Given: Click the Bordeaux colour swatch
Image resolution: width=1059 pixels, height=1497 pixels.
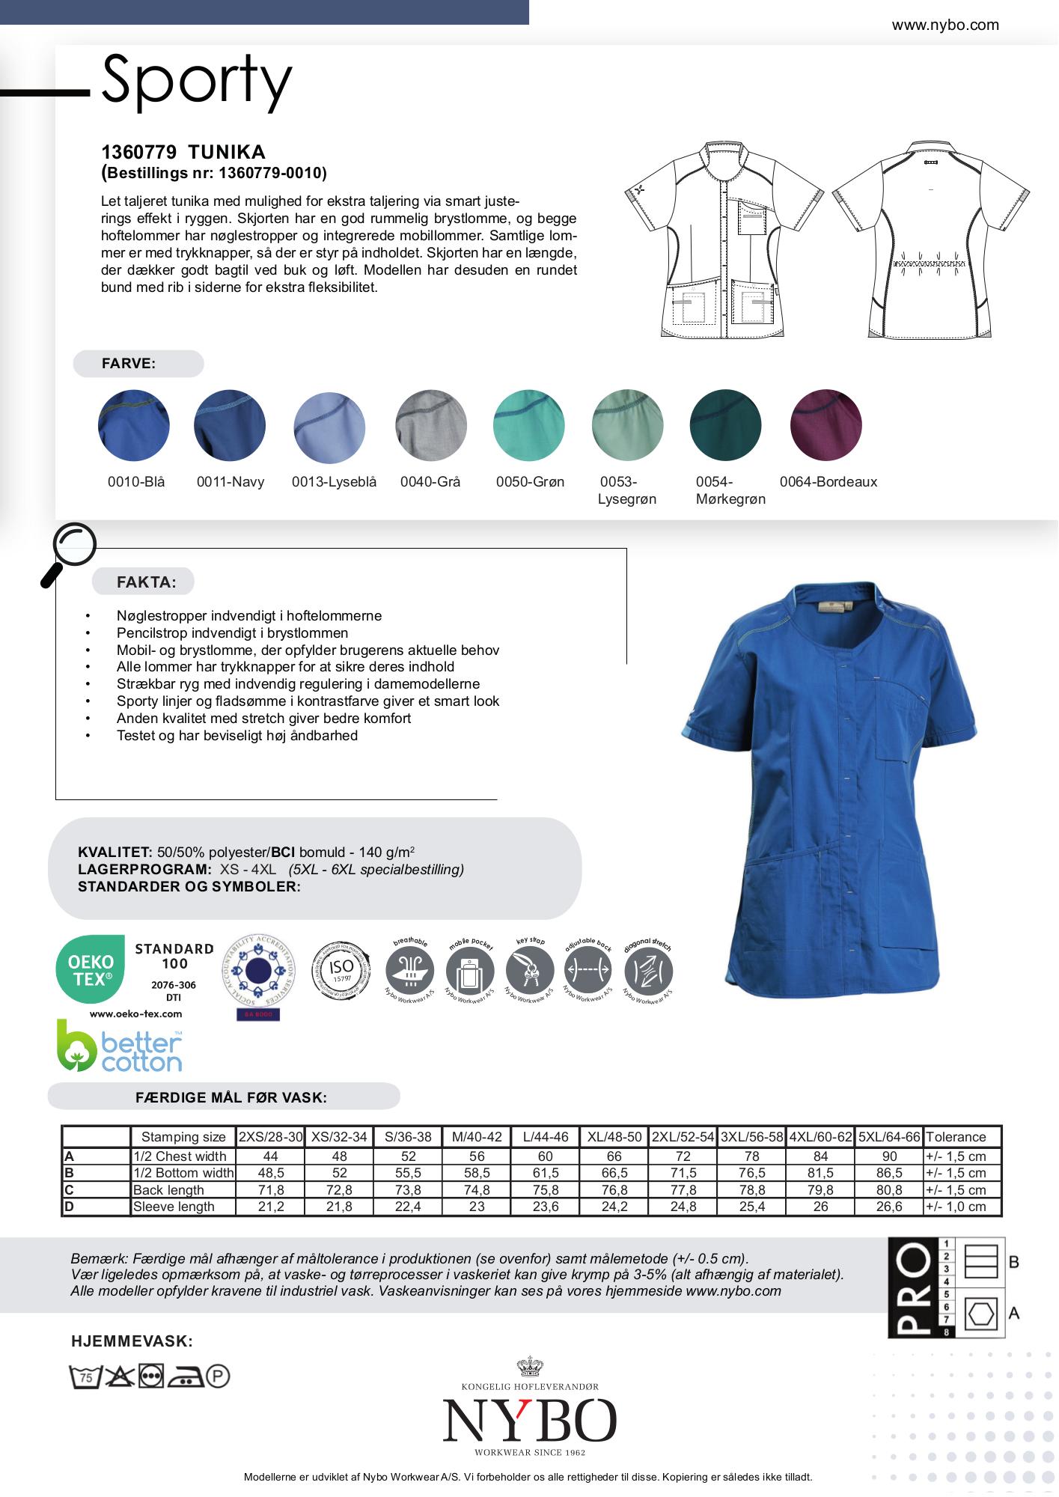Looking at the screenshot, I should point(825,424).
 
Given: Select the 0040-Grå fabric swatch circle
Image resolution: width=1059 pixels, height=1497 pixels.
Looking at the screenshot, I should point(430,424).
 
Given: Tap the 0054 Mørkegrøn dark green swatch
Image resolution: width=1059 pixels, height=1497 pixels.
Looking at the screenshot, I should point(725,424).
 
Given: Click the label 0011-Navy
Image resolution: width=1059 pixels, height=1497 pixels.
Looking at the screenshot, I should point(231,482).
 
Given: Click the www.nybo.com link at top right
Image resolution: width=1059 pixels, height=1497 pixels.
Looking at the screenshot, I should point(944,25).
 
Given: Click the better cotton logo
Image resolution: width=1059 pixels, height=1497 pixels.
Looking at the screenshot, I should point(120,1046).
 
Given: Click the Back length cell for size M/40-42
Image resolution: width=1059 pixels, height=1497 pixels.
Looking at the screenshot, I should point(477,1190).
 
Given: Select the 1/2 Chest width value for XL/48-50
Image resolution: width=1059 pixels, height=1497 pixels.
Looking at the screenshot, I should point(614,1156).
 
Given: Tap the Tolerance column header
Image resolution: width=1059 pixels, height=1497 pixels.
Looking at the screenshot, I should point(956,1137).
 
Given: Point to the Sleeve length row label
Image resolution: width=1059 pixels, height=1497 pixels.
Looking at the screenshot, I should point(174,1207).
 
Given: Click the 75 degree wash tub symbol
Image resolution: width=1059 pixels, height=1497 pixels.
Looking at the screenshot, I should point(85,1376).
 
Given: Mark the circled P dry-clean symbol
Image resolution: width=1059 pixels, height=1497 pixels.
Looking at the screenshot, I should point(218,1376).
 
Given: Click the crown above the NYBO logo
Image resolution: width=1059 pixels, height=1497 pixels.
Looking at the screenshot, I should point(529,1368).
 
